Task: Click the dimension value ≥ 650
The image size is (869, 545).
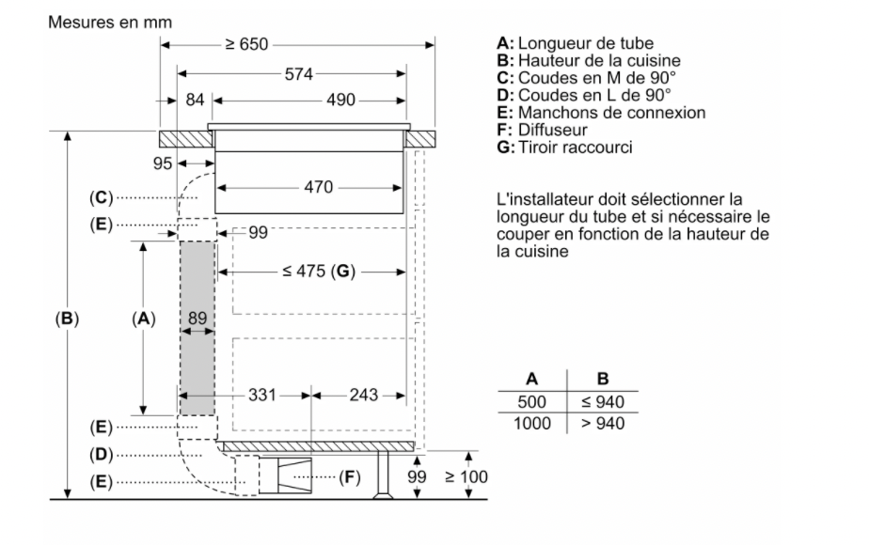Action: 251,45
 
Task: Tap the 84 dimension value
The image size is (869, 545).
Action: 195,101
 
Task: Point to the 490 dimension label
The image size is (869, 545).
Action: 313,101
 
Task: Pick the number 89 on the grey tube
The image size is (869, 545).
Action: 197,319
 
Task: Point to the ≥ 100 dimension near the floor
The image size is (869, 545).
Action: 466,476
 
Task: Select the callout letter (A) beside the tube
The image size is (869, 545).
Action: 143,319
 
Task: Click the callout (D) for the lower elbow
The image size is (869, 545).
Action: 102,454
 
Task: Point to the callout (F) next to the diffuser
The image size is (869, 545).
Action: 348,477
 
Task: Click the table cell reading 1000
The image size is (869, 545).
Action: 531,423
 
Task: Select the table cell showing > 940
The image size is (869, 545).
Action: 603,423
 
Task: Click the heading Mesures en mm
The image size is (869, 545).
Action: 103,19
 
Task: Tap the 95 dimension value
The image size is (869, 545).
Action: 164,163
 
